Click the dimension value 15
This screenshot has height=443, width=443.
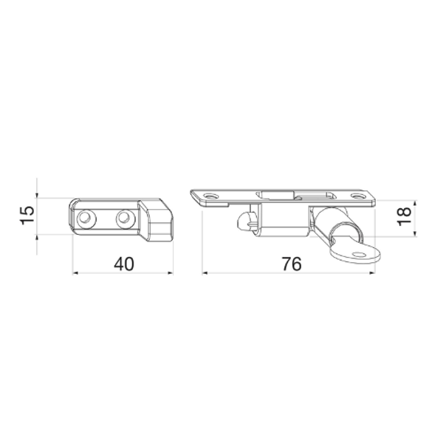pos(27,216)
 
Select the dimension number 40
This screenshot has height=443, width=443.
pos(124,264)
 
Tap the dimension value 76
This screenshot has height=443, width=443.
pos(292,264)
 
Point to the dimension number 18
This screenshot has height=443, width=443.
pos(404,216)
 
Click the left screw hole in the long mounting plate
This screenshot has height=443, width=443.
pos(210,196)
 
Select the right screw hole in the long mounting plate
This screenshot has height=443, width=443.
pos(357,196)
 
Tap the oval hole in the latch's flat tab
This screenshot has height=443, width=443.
pos(360,255)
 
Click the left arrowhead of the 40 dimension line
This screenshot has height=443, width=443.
pos(75,273)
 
